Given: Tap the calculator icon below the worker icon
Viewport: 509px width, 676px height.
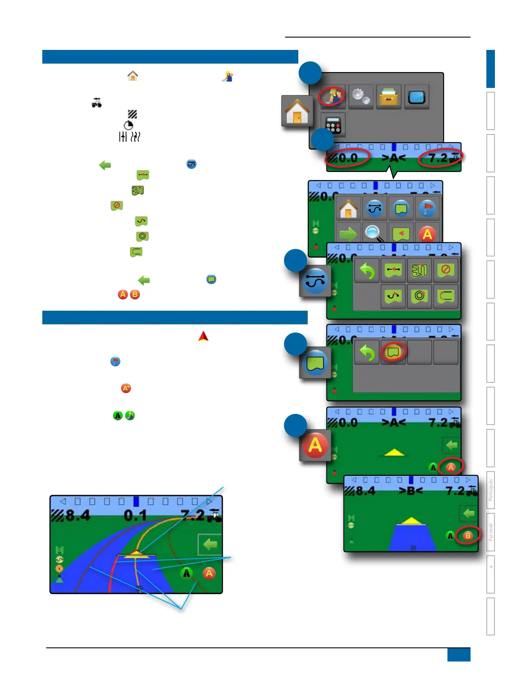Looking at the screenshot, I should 333,125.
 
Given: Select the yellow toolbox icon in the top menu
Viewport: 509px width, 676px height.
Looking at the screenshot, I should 389,96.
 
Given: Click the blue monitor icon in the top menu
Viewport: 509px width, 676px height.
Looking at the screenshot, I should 417,96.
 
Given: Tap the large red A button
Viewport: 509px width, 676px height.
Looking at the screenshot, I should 315,445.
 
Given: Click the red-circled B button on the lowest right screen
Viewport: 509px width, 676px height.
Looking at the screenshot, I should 468,536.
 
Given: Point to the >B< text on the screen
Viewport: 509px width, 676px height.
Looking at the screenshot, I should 410,491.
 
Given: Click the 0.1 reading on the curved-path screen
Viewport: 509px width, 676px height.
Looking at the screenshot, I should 135,516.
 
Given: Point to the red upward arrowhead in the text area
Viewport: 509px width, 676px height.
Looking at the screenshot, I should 203,336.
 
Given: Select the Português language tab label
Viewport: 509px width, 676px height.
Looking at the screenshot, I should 491,490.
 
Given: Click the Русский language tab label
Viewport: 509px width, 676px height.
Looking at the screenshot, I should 491,532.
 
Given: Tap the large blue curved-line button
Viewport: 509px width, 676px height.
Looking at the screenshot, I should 315,281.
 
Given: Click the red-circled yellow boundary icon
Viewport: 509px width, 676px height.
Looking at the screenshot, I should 393,352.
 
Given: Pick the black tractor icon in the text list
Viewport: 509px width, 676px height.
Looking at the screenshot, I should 97,103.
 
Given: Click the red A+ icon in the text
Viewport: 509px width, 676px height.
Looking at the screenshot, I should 126,388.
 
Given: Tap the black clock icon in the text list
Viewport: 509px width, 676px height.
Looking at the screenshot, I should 128,125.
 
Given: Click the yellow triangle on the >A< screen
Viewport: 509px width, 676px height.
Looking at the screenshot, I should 394,452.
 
